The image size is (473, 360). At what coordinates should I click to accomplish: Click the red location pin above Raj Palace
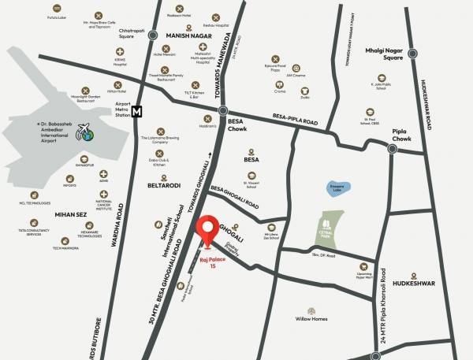(208, 229)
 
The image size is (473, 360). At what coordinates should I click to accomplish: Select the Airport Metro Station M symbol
(137, 112)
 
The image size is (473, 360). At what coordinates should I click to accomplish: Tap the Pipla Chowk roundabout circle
(392, 147)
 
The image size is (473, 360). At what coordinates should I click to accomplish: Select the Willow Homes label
(311, 319)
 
